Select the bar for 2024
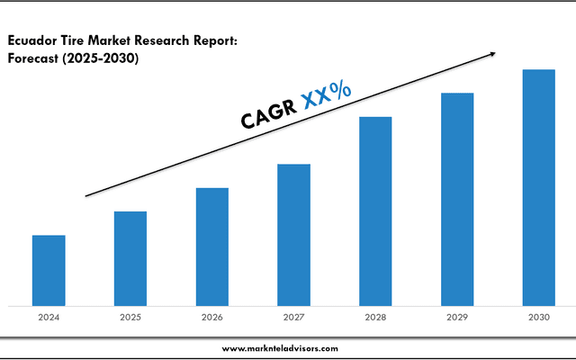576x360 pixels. coord(49,270)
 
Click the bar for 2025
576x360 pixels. coord(130,258)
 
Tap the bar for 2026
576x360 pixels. coord(212,247)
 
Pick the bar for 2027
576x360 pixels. coord(293,235)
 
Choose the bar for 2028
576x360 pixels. coord(375,211)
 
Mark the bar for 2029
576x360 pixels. coord(457,199)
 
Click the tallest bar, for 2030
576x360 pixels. coord(539,187)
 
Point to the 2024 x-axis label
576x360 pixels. coord(49,317)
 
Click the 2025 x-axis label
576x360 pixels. coord(130,317)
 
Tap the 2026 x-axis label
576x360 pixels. coord(212,317)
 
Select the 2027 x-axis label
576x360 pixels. coord(293,317)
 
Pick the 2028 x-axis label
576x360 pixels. coord(375,317)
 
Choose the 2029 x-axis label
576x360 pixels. coord(457,317)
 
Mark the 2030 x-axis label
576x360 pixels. coord(539,317)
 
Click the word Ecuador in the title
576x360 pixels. coord(34,40)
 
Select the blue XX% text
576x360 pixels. coord(327,93)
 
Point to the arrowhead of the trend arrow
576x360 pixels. coord(490,54)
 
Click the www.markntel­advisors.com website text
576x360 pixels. coord(280,347)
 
